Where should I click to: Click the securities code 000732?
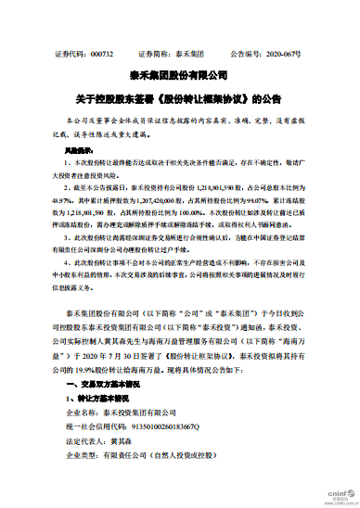101,55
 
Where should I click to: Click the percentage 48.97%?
60,197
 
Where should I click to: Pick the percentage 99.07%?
293,197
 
